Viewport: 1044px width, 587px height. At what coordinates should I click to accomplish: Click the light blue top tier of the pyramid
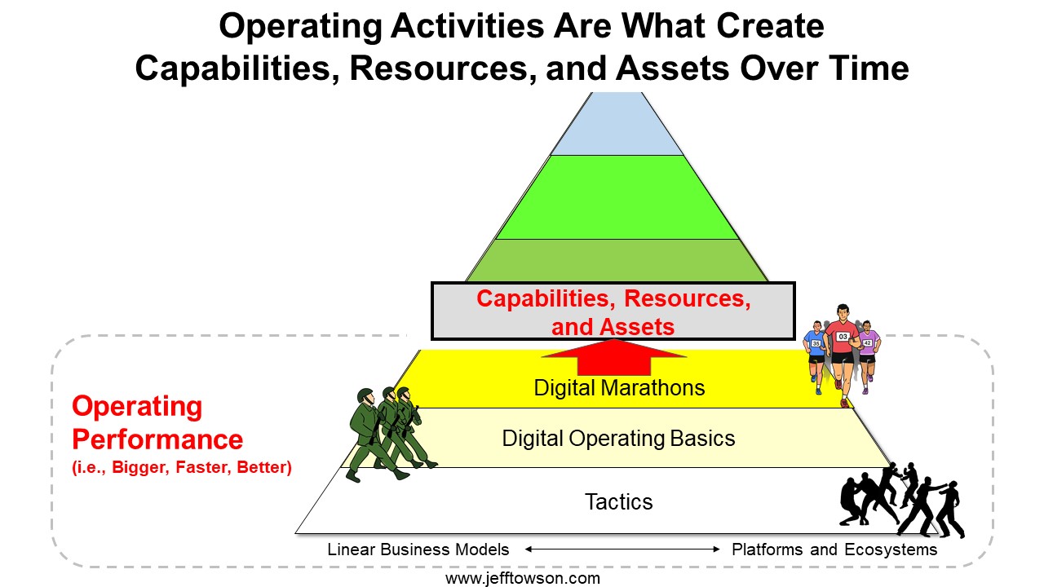(x=617, y=125)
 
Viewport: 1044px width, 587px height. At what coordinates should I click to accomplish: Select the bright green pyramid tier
(x=617, y=197)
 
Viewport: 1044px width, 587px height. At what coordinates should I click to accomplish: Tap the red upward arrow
(x=614, y=357)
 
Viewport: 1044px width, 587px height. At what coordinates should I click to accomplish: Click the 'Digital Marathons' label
(x=619, y=387)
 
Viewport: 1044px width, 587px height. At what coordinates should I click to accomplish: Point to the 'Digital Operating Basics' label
(x=618, y=439)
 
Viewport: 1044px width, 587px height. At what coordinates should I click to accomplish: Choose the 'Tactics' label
(x=618, y=501)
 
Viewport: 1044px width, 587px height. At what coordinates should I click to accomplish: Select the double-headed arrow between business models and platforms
(x=622, y=549)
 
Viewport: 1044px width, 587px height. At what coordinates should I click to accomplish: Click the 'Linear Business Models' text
(x=418, y=549)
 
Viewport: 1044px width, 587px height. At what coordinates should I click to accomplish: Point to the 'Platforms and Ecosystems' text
(x=834, y=549)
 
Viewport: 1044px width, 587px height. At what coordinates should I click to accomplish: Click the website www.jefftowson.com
(x=523, y=579)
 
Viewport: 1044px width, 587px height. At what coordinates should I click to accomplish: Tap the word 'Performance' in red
(x=157, y=439)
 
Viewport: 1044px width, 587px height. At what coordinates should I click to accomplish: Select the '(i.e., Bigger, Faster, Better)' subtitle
(x=182, y=467)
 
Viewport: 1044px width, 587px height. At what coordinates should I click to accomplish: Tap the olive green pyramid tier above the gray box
(x=617, y=260)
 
